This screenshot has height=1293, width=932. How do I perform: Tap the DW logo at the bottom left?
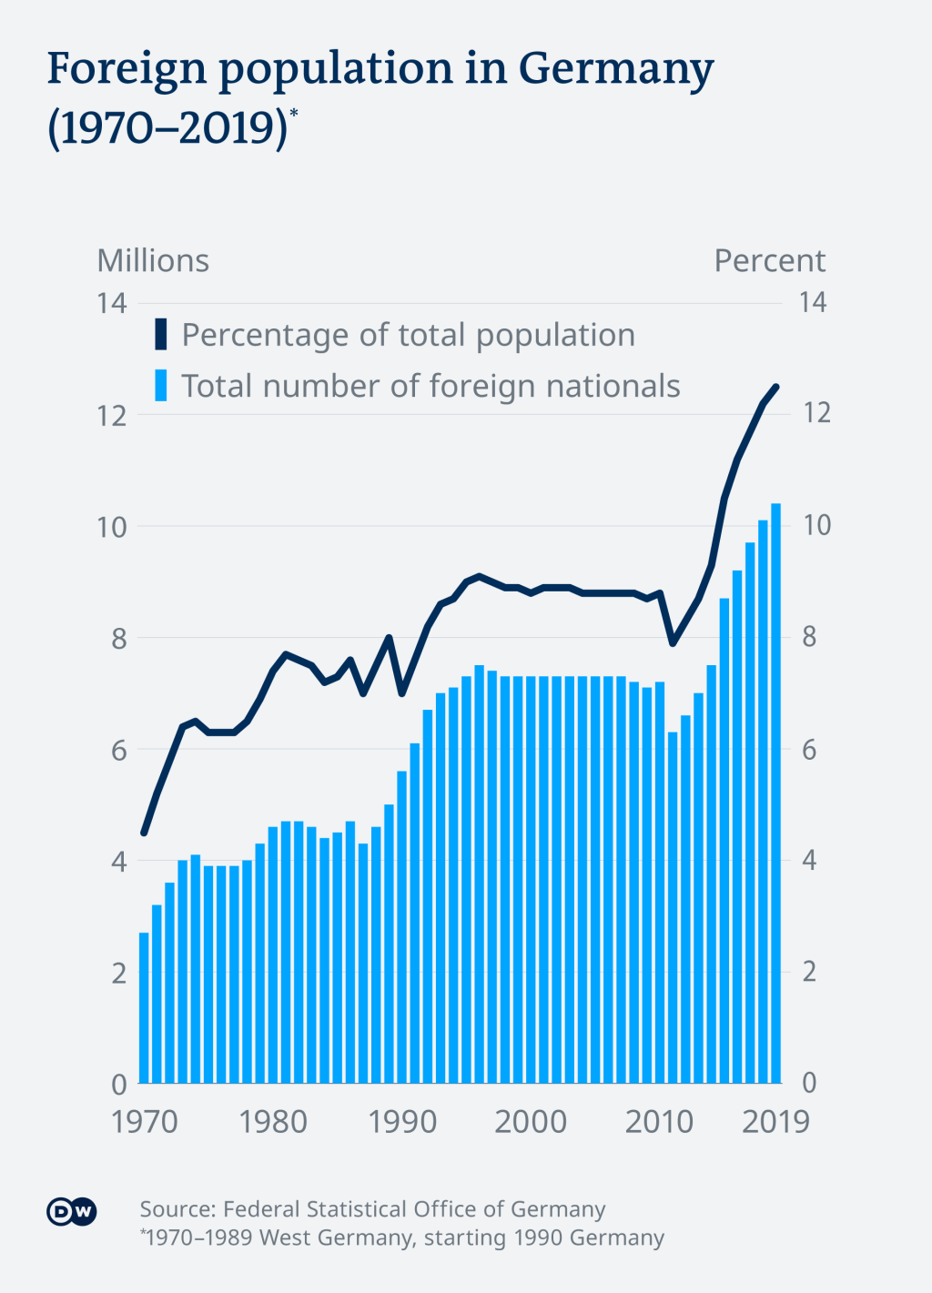[x=71, y=1212]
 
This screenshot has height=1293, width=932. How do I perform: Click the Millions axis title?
[x=153, y=261]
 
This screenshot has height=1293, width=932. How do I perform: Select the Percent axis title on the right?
[x=769, y=261]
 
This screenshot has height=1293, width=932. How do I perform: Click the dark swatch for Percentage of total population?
[x=161, y=335]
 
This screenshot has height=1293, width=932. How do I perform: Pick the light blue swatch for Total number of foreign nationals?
[x=161, y=386]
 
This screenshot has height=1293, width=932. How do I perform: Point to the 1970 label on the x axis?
[x=145, y=1121]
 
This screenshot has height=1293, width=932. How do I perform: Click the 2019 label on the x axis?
[x=775, y=1121]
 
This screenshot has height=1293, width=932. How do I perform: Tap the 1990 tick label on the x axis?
[x=402, y=1121]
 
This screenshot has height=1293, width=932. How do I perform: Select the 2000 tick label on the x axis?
[x=531, y=1121]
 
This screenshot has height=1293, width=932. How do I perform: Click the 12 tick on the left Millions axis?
[x=112, y=415]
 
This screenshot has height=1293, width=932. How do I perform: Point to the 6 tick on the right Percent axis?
[x=808, y=750]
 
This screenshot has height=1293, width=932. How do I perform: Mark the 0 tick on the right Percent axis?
[x=808, y=1083]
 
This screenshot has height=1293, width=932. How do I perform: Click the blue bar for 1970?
[x=144, y=1008]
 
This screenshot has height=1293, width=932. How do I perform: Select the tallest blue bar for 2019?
[x=776, y=792]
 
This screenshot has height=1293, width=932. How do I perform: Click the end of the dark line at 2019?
[x=776, y=387]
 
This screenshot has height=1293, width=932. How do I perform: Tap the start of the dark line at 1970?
[x=144, y=832]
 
